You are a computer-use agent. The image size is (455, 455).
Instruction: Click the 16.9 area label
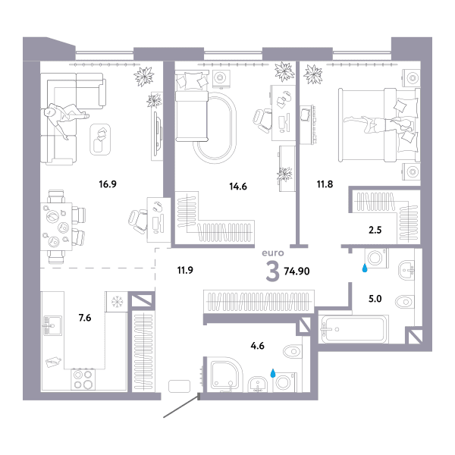(x=108, y=184)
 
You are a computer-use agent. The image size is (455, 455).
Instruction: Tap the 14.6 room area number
(x=238, y=187)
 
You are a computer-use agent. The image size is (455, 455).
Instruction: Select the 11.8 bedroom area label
(x=325, y=184)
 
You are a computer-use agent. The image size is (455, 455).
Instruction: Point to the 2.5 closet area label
(x=375, y=230)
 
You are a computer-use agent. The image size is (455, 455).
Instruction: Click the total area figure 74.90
(x=297, y=271)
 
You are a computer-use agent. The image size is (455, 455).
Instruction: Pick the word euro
(x=273, y=253)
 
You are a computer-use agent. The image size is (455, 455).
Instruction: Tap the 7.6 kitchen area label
(x=85, y=318)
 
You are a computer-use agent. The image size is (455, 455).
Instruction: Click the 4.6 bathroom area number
(x=257, y=346)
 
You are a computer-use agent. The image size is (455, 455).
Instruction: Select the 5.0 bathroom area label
(x=375, y=299)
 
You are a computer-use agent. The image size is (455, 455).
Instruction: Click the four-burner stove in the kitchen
(x=83, y=379)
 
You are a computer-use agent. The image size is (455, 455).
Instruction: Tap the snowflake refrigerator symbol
(x=117, y=302)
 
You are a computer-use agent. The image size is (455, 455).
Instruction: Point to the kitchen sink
(x=52, y=325)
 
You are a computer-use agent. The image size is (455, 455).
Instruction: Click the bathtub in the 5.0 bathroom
(x=354, y=329)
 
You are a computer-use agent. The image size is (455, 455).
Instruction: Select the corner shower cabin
(x=226, y=375)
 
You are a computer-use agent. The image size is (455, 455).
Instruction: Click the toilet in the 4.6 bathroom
(x=293, y=351)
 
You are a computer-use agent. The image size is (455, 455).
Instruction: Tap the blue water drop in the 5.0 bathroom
(x=365, y=268)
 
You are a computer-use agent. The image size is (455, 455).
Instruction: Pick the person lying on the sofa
(x=66, y=118)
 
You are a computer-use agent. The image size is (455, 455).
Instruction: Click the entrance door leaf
(x=181, y=406)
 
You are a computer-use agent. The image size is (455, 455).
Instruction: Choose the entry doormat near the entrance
(x=179, y=386)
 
